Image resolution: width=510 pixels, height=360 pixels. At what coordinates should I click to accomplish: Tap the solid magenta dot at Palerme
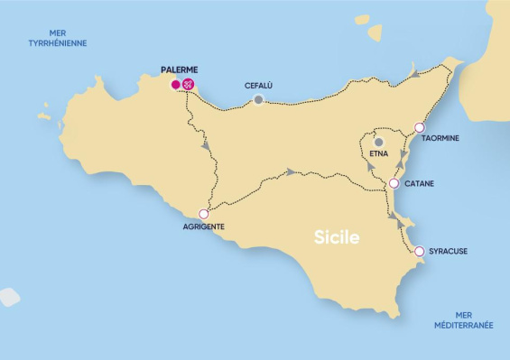(175, 86)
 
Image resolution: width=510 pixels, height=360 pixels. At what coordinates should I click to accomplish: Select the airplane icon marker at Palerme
(190, 86)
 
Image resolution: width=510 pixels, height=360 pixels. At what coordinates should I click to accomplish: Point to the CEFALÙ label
(259, 86)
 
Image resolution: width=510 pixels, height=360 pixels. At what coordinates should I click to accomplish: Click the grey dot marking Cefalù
(259, 99)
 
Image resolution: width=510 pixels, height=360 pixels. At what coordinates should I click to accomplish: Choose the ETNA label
(379, 156)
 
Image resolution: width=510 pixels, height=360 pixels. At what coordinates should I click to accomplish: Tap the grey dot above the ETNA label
(379, 142)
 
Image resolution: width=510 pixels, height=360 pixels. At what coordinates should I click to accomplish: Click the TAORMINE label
(440, 138)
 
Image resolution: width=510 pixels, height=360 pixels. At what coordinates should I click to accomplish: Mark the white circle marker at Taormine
(419, 127)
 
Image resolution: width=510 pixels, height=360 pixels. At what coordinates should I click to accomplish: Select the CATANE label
(420, 184)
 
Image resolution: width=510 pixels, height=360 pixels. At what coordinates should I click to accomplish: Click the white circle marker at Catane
(394, 184)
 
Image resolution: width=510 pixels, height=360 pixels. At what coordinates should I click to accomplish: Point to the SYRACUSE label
(447, 251)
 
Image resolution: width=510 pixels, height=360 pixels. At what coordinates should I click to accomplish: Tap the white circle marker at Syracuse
(419, 251)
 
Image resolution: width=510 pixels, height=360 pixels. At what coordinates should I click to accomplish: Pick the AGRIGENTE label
(203, 226)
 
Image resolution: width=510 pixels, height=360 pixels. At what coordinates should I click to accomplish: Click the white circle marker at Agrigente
(203, 214)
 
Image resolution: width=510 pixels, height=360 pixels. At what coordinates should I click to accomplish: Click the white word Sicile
(337, 238)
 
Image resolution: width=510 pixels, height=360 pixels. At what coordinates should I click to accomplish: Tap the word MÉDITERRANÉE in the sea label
(463, 325)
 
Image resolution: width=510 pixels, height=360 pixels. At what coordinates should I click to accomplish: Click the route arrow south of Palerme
(207, 144)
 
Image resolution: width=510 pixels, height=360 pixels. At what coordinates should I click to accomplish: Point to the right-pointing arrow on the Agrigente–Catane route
(290, 171)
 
